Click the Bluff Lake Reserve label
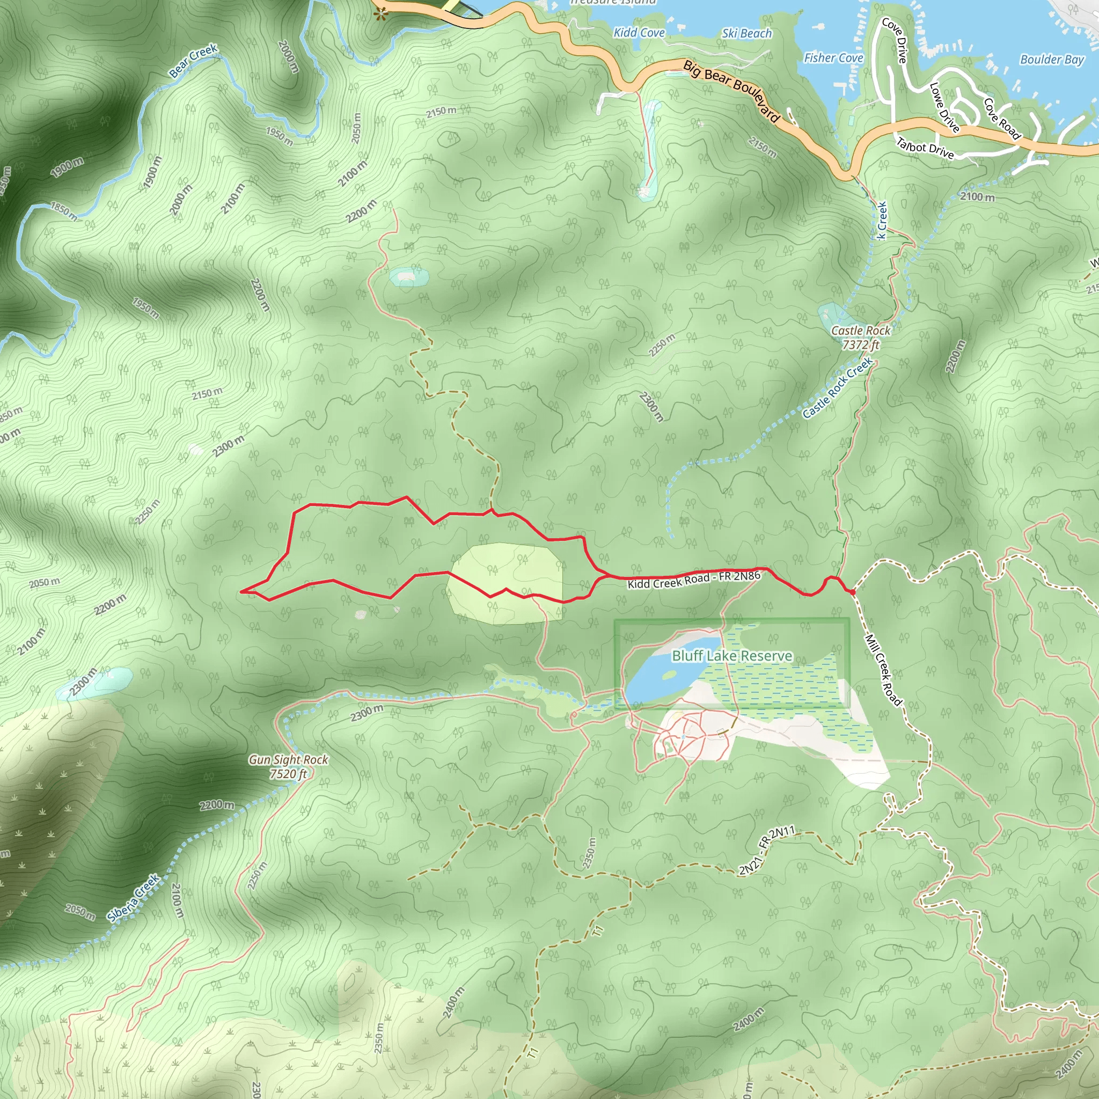click(731, 656)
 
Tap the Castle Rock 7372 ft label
click(860, 338)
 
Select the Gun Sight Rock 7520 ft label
click(288, 766)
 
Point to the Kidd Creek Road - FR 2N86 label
click(694, 580)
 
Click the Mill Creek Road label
click(883, 670)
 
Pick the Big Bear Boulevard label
click(731, 91)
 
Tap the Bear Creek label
click(193, 60)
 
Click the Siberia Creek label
click(134, 898)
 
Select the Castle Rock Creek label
click(837, 388)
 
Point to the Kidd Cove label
click(639, 32)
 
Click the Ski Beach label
click(746, 34)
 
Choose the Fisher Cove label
click(833, 58)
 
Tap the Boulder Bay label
click(1052, 60)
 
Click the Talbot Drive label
click(925, 148)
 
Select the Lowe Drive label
click(944, 107)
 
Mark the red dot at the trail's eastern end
click(852, 592)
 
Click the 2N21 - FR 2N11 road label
click(767, 851)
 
